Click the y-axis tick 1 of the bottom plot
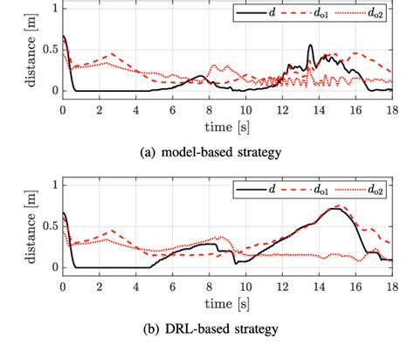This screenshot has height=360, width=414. pyautogui.click(x=53, y=184)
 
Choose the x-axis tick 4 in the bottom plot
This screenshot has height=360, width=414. pyautogui.click(x=135, y=287)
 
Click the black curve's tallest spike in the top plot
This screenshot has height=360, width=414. pyautogui.click(x=311, y=46)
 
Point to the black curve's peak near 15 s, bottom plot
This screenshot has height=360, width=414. pyautogui.click(x=335, y=209)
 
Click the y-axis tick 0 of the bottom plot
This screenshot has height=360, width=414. pyautogui.click(x=53, y=267)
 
